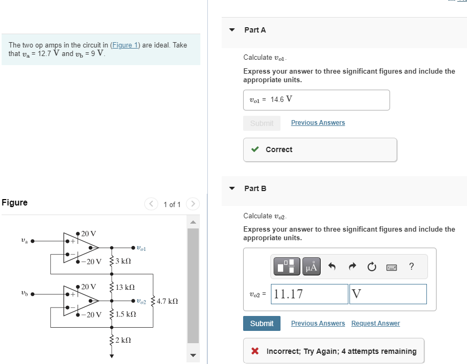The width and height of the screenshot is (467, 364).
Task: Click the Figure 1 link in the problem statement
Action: [125, 45]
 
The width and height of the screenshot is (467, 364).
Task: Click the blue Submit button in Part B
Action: [262, 323]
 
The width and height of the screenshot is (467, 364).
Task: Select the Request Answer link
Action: [375, 323]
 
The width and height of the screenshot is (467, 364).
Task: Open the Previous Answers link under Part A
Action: [318, 123]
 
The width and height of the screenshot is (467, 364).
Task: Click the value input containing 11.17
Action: [309, 294]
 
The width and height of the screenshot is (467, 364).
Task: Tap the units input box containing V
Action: [388, 294]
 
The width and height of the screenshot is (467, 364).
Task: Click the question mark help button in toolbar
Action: [411, 266]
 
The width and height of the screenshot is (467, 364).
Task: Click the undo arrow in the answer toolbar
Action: [332, 266]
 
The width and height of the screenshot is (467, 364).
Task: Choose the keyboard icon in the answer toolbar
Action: [392, 266]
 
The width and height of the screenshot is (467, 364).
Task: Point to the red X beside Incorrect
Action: [255, 351]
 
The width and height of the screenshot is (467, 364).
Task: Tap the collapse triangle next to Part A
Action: [232, 30]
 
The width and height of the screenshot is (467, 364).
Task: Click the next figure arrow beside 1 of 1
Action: [193, 204]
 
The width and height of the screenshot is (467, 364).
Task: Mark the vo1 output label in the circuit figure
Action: [141, 248]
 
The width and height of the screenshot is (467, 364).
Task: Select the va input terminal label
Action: [24, 241]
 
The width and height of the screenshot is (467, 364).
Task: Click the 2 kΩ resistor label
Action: [123, 339]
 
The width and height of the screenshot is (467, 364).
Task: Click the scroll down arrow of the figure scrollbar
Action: [193, 355]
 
